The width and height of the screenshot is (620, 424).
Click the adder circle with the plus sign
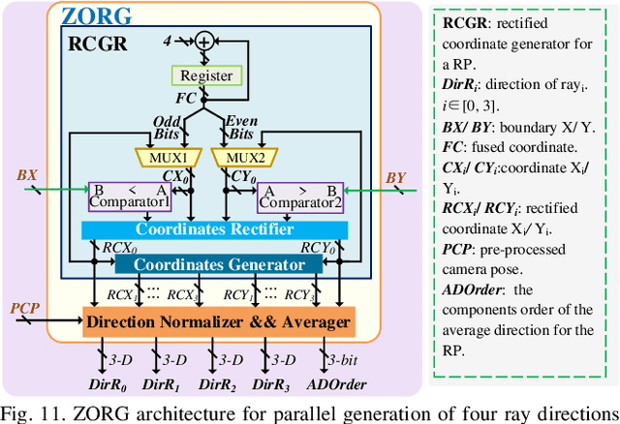[204, 41]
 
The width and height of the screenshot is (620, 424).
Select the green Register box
[204, 75]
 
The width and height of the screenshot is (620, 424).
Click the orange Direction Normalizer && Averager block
[219, 321]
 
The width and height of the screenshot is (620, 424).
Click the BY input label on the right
[394, 177]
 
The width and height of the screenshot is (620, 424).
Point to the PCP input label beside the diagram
[24, 308]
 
